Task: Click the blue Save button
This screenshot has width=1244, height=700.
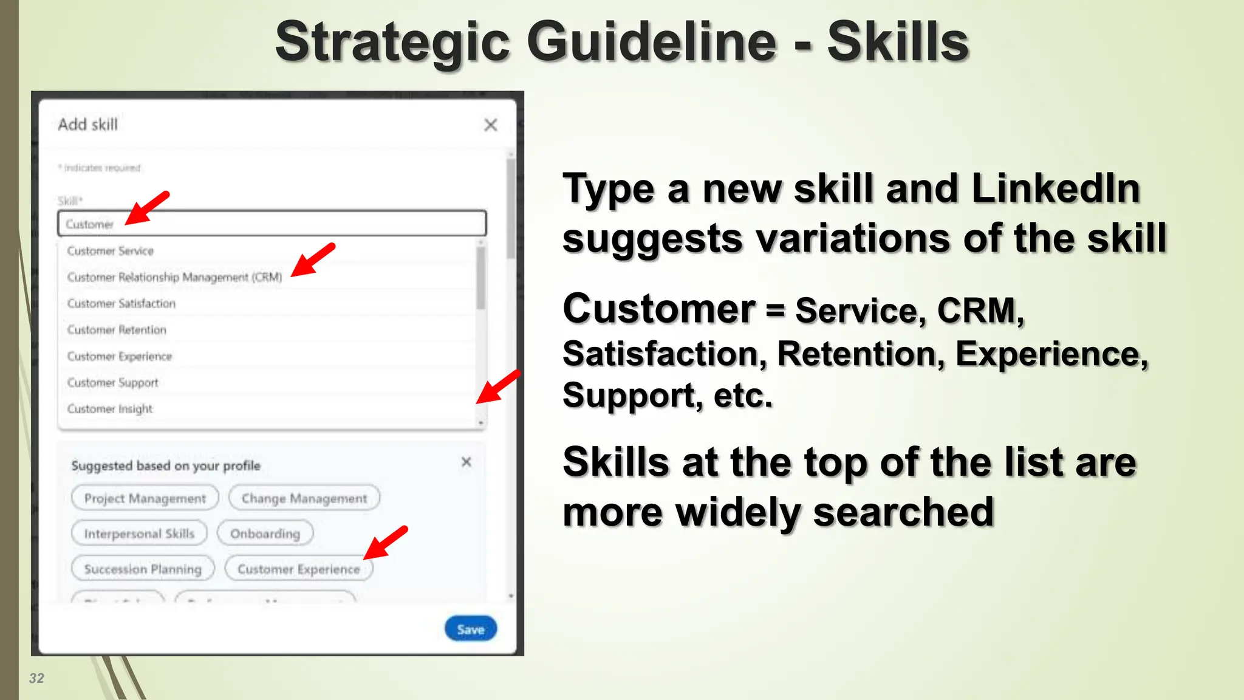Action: [471, 629]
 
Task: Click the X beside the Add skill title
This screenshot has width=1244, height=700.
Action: [491, 125]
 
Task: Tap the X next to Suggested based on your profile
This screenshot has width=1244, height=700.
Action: [466, 462]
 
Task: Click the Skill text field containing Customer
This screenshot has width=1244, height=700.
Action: [272, 224]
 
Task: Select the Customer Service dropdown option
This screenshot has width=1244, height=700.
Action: [111, 251]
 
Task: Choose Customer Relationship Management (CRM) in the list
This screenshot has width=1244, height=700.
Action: [174, 277]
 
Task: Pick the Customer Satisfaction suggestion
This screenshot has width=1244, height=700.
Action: [121, 303]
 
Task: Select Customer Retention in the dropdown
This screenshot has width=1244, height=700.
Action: [117, 330]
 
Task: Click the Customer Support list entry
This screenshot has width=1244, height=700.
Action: [113, 383]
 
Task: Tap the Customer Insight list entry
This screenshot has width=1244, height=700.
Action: [110, 409]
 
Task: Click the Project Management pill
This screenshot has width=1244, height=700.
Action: [145, 498]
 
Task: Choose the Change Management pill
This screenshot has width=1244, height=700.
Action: [304, 498]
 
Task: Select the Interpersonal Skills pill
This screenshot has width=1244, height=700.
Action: [139, 534]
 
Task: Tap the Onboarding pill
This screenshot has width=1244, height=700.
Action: [265, 534]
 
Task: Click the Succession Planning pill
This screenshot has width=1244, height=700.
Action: [143, 569]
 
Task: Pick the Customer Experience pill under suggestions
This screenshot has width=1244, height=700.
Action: [298, 569]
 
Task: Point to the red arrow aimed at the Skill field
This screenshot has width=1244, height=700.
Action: [147, 208]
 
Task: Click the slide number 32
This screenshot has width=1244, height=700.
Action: [36, 678]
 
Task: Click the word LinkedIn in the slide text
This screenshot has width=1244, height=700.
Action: [1055, 188]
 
